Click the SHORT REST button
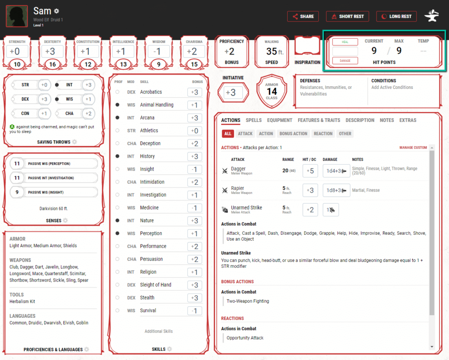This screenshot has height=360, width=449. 347,17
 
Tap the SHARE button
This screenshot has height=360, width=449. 302,17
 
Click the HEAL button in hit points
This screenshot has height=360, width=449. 345,42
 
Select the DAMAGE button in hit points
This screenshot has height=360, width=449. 345,61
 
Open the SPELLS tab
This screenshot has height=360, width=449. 254,120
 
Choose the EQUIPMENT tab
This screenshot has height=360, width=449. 279,120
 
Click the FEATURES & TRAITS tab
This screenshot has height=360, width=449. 319,120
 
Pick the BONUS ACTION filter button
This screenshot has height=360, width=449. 293,134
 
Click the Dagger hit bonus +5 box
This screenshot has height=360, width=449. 310,171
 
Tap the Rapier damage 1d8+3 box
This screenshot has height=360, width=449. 336,190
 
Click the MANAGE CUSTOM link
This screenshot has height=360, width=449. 413,148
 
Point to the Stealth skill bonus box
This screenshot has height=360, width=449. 195,298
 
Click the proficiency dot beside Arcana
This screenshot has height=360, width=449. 118,118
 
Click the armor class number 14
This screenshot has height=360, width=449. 272,92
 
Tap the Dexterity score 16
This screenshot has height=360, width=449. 53,64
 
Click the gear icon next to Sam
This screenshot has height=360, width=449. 56,11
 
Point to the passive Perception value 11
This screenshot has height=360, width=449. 17,164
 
